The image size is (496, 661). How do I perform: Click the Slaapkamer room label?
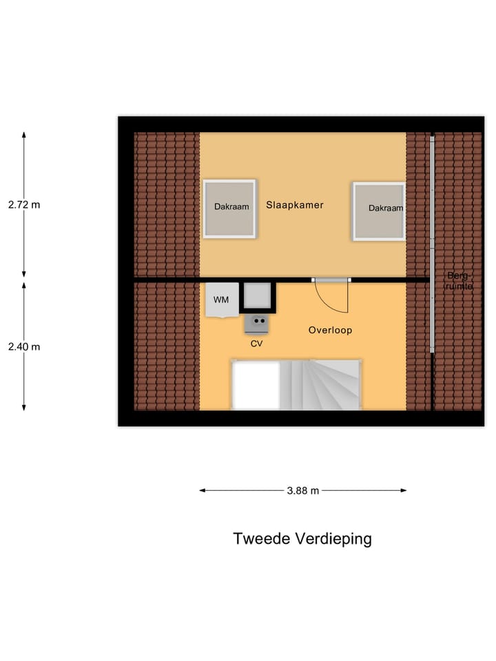(x=295, y=205)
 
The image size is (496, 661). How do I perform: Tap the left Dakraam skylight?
(x=229, y=209)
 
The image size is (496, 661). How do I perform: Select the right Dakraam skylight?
(x=379, y=211)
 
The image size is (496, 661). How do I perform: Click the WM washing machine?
(x=222, y=300)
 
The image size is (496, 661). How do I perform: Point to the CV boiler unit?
(x=257, y=322)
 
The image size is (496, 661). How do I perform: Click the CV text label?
(x=256, y=343)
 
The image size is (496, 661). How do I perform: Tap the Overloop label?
(x=330, y=330)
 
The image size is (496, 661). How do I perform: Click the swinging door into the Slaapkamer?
(x=332, y=295)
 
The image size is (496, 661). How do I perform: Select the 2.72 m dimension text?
(x=24, y=204)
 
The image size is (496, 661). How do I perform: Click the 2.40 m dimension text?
(x=24, y=347)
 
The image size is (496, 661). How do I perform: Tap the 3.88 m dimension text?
(x=303, y=491)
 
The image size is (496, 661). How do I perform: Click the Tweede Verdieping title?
(x=302, y=538)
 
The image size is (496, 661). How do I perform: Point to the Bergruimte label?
(x=458, y=280)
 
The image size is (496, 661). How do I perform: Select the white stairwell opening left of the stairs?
(x=256, y=386)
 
